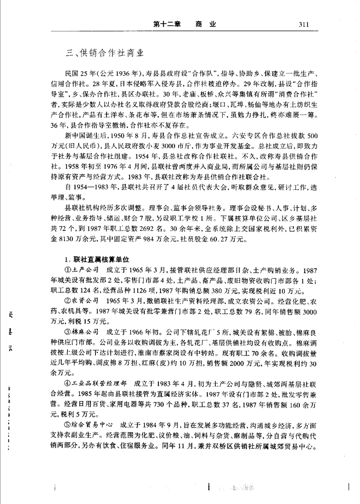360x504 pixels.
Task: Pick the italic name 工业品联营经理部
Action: [97, 397]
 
